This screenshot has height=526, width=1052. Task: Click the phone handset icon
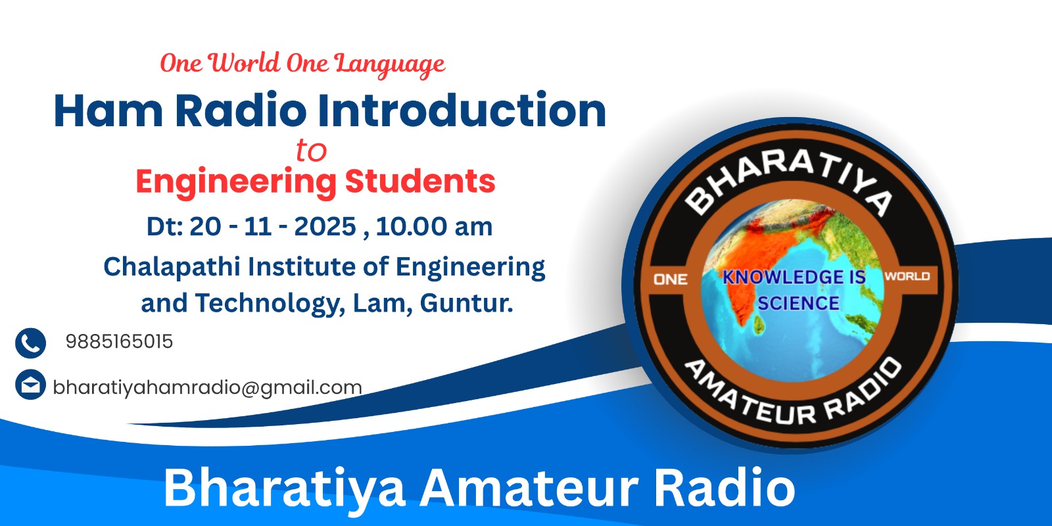(30, 343)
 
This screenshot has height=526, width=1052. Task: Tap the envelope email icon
(30, 385)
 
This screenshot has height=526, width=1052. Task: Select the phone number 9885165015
(119, 341)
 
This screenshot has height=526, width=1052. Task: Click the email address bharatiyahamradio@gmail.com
(208, 388)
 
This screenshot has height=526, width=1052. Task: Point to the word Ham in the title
(108, 111)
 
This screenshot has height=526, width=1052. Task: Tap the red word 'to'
(311, 151)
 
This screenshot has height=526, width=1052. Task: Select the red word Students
(420, 181)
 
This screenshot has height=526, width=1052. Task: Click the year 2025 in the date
(325, 226)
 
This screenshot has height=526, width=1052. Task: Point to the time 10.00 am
(434, 226)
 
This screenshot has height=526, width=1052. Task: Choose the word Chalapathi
(172, 267)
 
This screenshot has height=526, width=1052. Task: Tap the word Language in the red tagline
(390, 64)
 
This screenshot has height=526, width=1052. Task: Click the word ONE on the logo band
(670, 279)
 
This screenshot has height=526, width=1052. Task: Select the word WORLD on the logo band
(907, 276)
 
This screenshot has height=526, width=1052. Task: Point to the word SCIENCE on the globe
(798, 303)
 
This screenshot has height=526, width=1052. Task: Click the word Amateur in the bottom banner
(529, 489)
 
